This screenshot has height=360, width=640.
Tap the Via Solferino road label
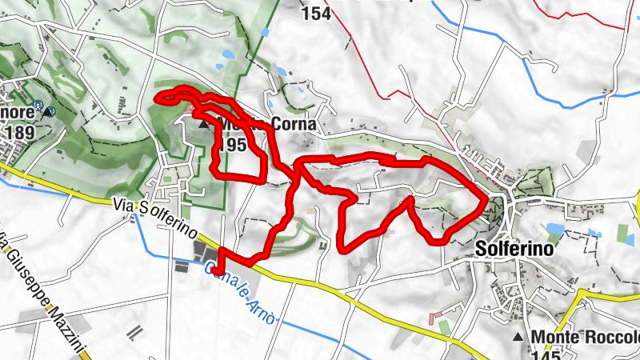(x=157, y=215)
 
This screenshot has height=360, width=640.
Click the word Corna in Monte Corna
(x=294, y=126)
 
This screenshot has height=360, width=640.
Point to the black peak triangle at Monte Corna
(x=204, y=125)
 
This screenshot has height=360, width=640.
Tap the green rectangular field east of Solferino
(x=622, y=234)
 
